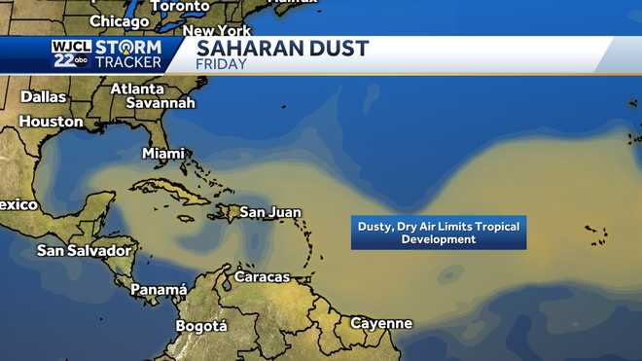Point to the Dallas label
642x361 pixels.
tap(43, 97)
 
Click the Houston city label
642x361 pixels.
tap(51, 122)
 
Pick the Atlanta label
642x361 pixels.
tap(137, 89)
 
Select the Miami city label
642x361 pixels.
tap(163, 153)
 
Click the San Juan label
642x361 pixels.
tap(270, 211)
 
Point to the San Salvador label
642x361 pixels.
tap(84, 250)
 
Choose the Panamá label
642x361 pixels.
tap(158, 289)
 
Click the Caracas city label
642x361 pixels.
tap(262, 276)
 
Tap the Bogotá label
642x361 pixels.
tap(200, 325)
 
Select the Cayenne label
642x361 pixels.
tap(381, 323)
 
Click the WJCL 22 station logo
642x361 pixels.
tap(70, 54)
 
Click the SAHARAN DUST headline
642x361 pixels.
tap(282, 49)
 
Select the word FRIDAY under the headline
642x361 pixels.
tap(222, 65)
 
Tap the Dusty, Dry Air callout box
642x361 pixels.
tap(438, 233)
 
